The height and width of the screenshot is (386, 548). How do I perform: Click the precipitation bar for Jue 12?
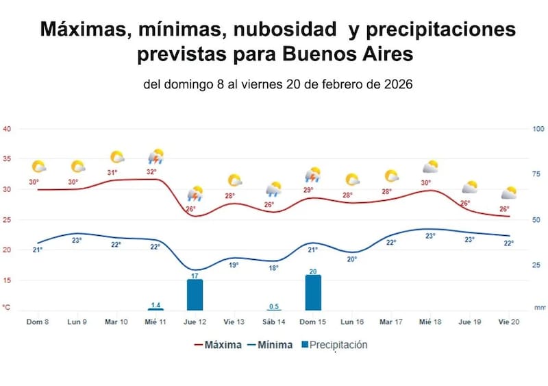pyautogui.click(x=195, y=295)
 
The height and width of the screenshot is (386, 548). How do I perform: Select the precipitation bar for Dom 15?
pyautogui.click(x=313, y=292)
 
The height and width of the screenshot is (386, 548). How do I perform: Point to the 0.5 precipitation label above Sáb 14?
pyautogui.click(x=273, y=306)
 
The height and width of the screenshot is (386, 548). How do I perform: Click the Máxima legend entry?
pyautogui.click(x=218, y=345)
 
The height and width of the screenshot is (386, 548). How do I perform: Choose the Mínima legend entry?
pyautogui.click(x=270, y=345)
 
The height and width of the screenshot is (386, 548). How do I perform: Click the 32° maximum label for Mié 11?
pyautogui.click(x=151, y=172)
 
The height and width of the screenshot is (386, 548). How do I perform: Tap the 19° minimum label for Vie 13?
pyautogui.click(x=234, y=265)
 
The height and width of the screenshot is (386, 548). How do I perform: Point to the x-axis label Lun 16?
pyautogui.click(x=351, y=322)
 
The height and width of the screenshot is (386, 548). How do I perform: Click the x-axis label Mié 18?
pyautogui.click(x=430, y=322)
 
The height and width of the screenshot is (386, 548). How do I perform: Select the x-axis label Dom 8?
pyautogui.click(x=37, y=322)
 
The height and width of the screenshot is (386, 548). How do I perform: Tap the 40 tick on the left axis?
pyautogui.click(x=7, y=129)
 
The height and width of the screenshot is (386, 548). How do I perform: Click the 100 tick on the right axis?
pyautogui.click(x=538, y=129)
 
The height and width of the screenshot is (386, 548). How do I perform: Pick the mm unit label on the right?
pyautogui.click(x=540, y=308)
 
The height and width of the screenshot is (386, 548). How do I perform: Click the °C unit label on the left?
pyautogui.click(x=7, y=308)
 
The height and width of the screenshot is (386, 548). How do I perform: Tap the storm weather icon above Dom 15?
pyautogui.click(x=314, y=174)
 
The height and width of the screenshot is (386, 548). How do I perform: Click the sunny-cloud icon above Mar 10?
pyautogui.click(x=117, y=158)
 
